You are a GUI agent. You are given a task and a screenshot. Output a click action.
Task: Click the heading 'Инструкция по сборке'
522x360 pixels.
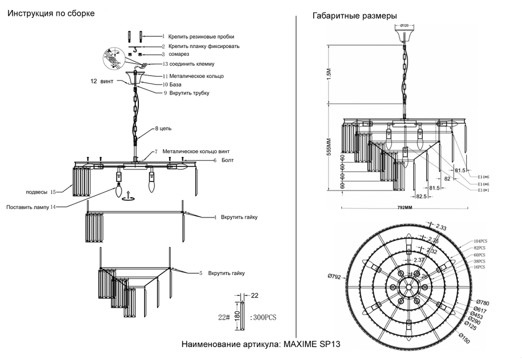click(51, 13)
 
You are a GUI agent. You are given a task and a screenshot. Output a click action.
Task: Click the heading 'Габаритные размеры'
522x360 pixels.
click(354, 16)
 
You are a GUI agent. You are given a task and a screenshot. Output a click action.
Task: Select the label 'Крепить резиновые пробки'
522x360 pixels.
click(201, 37)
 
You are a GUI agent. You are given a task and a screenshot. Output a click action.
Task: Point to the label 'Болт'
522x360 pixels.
click(228, 161)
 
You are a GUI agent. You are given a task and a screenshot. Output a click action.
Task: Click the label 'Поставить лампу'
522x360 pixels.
click(28, 207)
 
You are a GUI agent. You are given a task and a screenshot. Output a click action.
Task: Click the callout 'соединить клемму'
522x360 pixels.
click(195, 64)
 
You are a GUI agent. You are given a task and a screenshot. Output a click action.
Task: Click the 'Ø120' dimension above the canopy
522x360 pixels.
click(404, 25)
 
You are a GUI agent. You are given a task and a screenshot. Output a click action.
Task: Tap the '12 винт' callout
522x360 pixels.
click(101, 81)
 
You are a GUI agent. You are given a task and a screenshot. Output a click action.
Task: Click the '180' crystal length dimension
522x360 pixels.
click(236, 317)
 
